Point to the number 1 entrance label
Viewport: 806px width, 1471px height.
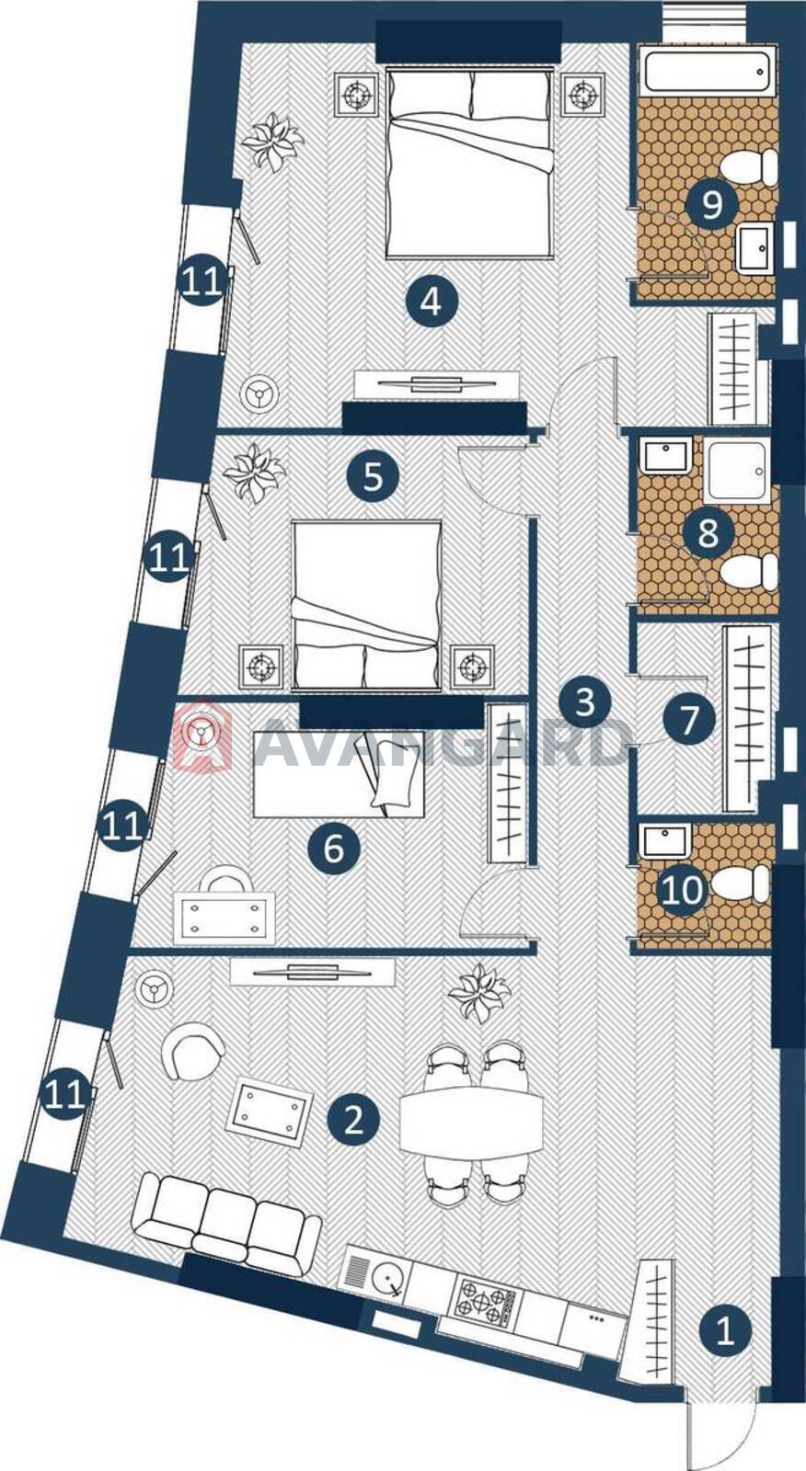click(x=724, y=1330)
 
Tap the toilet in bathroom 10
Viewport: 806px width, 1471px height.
click(x=741, y=884)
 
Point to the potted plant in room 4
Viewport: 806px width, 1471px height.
click(x=271, y=142)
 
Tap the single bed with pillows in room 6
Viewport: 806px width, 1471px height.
click(x=340, y=775)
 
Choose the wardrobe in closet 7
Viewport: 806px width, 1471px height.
click(x=747, y=718)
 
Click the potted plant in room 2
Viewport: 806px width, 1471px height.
click(x=479, y=992)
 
